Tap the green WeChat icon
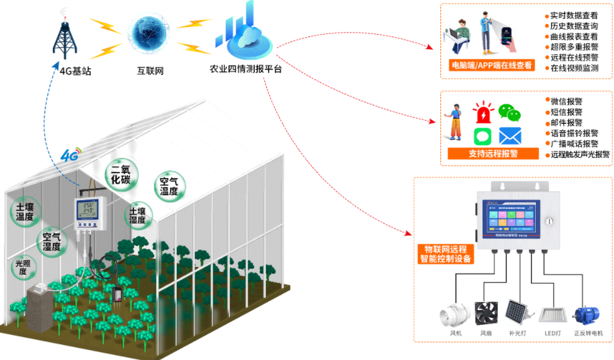pos(510,113)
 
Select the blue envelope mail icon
pos(510,136)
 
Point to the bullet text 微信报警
pos(566,101)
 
